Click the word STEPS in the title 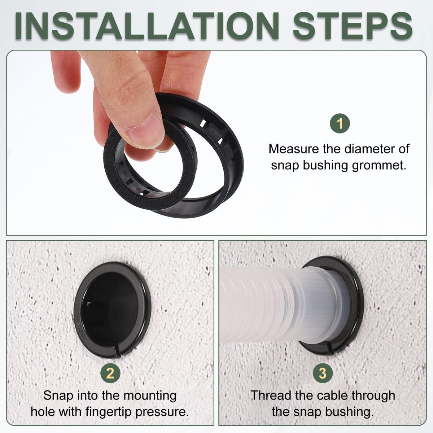(x=353, y=26)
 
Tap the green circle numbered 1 (x=340, y=123)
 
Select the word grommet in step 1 (x=379, y=166)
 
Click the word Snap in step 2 (x=58, y=395)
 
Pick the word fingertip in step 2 (x=108, y=412)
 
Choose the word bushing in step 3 (x=348, y=412)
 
